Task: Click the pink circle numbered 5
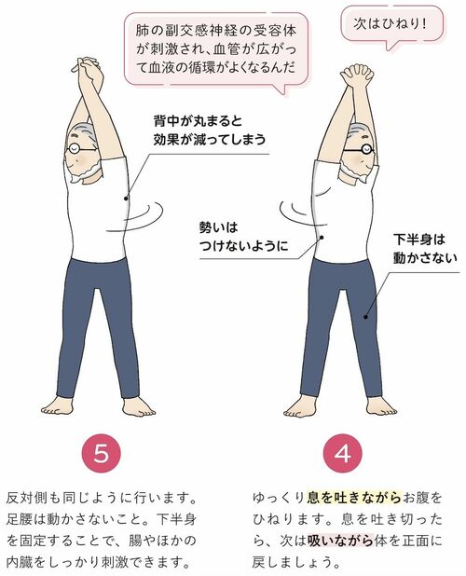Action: pos(102,454)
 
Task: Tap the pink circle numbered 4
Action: pos(343,454)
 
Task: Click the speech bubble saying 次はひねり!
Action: pos(391,26)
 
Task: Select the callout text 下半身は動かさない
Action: pos(425,249)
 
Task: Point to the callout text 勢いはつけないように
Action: pos(243,237)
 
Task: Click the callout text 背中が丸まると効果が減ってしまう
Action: pos(210,130)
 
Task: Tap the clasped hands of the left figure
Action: pos(86,66)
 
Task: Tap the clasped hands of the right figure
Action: pos(357,73)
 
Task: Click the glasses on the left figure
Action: pos(81,148)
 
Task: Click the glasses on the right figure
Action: pos(359,149)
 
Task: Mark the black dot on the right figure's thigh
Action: pos(365,316)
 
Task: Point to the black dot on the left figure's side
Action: pos(126,199)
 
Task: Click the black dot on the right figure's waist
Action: pos(322,238)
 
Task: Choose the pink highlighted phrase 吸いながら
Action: pos(340,541)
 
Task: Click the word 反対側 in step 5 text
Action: pos(28,498)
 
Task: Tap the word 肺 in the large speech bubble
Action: pos(142,31)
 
